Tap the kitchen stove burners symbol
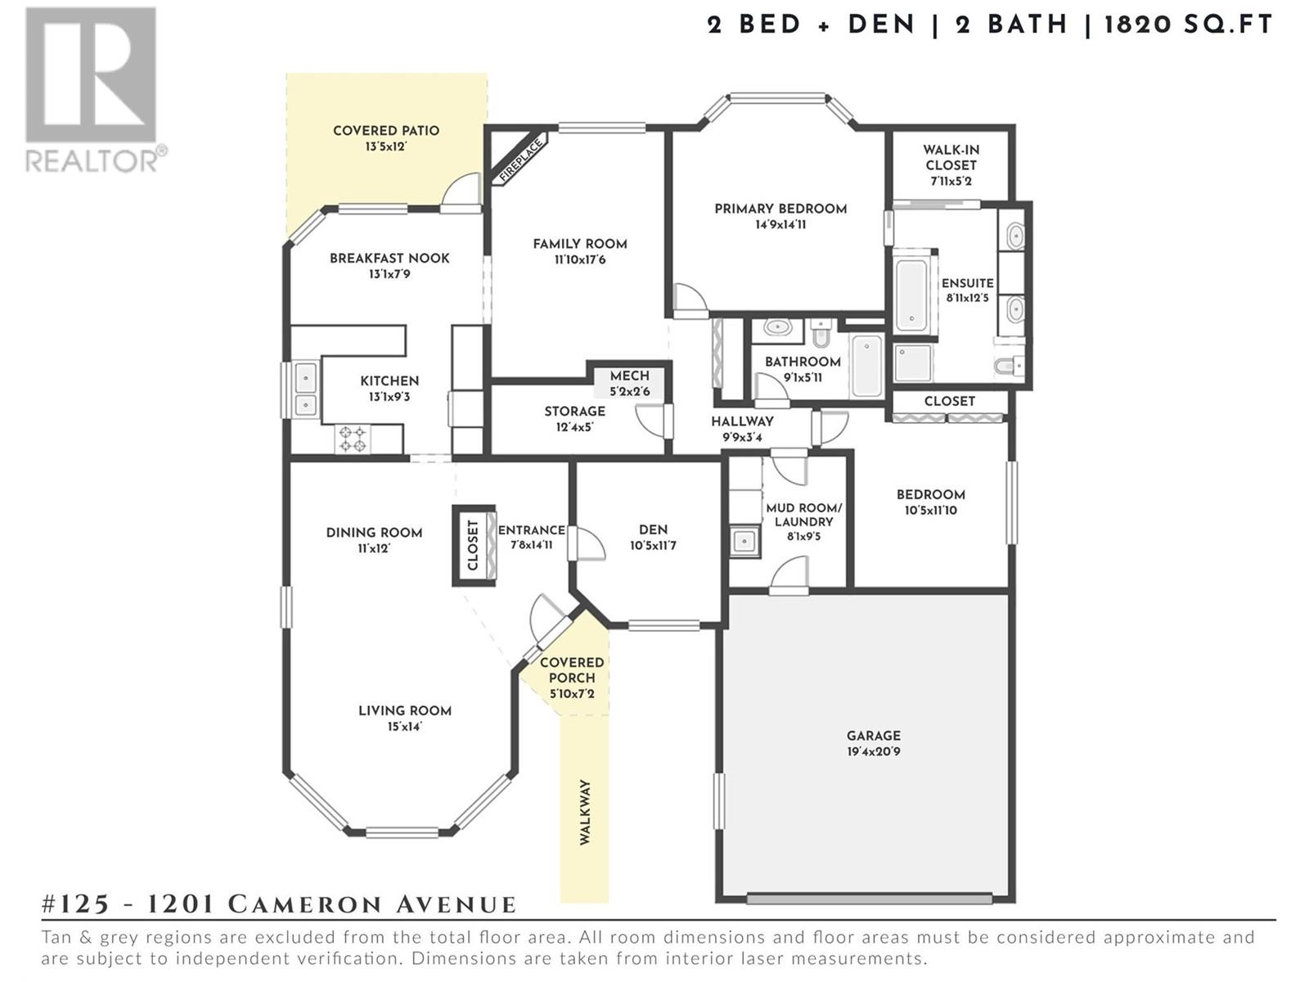tap(353, 439)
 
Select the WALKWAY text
tap(585, 812)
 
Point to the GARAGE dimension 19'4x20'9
tap(874, 751)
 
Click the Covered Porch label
tap(572, 670)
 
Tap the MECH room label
tap(630, 376)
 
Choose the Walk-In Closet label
tap(951, 157)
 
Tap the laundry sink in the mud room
tap(744, 542)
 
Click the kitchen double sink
tap(305, 390)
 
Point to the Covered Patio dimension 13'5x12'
tap(386, 146)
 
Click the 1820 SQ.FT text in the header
tap(1189, 25)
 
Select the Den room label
tap(653, 529)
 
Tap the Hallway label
tap(743, 421)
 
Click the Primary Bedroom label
tap(780, 209)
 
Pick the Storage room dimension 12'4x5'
tap(575, 427)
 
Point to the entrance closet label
tap(473, 546)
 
